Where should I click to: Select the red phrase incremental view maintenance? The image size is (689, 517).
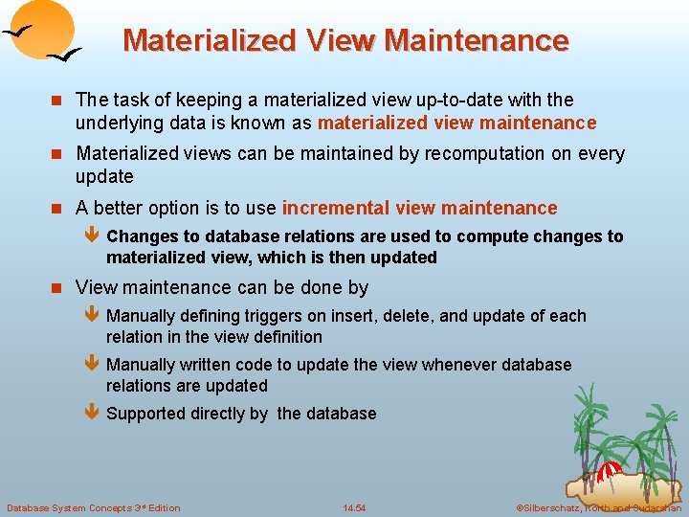419,208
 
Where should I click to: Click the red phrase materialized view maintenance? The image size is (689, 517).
456,123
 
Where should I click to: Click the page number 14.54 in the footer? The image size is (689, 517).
354,507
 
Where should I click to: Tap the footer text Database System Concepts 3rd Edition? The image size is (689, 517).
93,507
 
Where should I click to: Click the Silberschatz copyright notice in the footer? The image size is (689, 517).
598,507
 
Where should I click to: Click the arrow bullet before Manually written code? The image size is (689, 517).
92,365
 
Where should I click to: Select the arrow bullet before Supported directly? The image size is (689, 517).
92,414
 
